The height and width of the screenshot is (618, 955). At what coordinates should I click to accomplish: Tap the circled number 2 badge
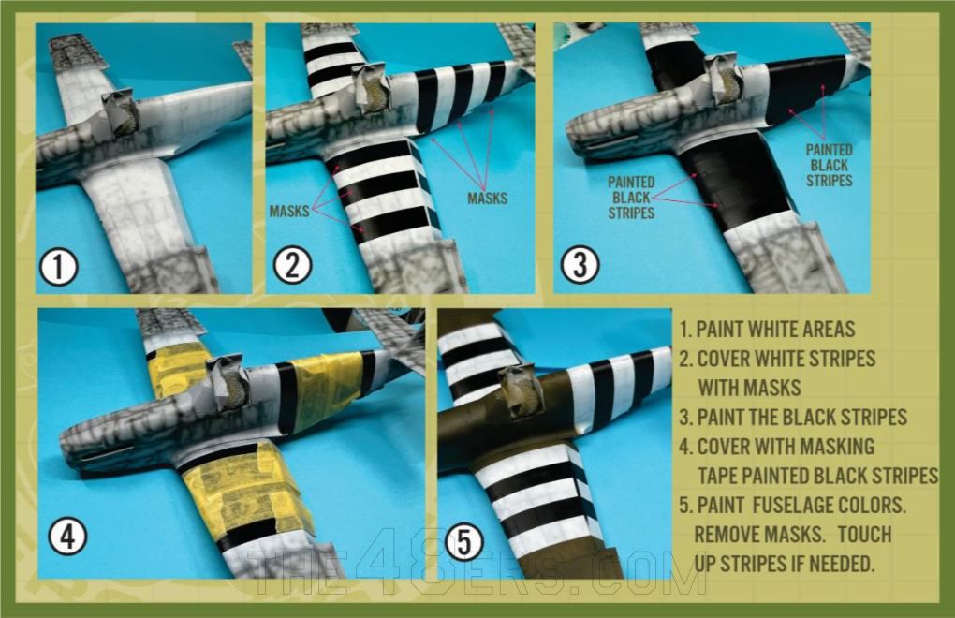(x=292, y=268)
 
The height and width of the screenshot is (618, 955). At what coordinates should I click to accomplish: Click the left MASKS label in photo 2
(x=290, y=212)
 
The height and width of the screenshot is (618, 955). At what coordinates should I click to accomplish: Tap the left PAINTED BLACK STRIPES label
(x=632, y=198)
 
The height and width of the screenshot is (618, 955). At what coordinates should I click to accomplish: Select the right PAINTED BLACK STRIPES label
(x=830, y=164)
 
